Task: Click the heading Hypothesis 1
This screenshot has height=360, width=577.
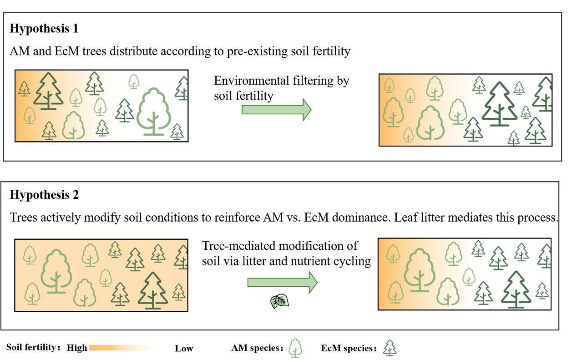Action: click(x=44, y=29)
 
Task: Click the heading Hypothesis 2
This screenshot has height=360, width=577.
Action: click(x=44, y=195)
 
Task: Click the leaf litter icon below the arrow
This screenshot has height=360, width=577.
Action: click(x=279, y=301)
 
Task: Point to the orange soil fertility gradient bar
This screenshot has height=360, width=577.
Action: click(x=123, y=348)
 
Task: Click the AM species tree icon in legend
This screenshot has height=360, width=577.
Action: click(x=296, y=348)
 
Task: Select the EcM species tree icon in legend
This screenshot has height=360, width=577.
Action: click(x=390, y=348)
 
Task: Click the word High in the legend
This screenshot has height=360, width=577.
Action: click(x=77, y=348)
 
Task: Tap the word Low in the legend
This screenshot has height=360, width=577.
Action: click(x=184, y=349)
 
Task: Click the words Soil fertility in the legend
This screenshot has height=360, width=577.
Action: click(x=31, y=348)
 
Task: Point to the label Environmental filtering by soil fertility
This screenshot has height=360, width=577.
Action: click(x=281, y=88)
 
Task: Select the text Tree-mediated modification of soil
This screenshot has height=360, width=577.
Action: click(x=286, y=254)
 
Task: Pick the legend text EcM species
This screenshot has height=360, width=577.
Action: click(x=347, y=349)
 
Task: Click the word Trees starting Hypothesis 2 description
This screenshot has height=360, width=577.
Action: click(x=23, y=217)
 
